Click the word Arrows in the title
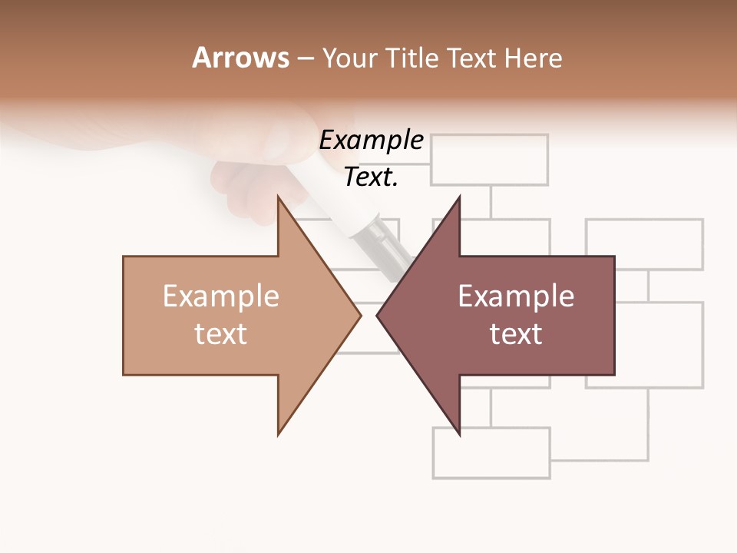[x=240, y=58]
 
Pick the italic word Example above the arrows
[x=372, y=141]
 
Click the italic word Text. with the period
[x=372, y=177]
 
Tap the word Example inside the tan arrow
[x=221, y=296]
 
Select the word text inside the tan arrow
[x=221, y=334]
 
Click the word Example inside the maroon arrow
[x=516, y=296]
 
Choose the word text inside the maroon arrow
[x=516, y=334]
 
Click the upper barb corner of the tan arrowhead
[x=279, y=198]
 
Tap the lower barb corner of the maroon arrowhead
[x=459, y=434]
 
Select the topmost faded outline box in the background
[x=490, y=160]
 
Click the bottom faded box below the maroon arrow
[x=491, y=453]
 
